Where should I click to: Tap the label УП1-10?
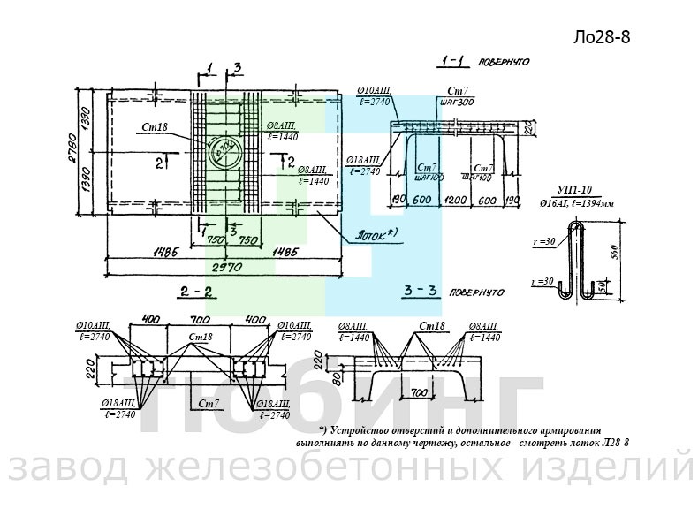point(574,188)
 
